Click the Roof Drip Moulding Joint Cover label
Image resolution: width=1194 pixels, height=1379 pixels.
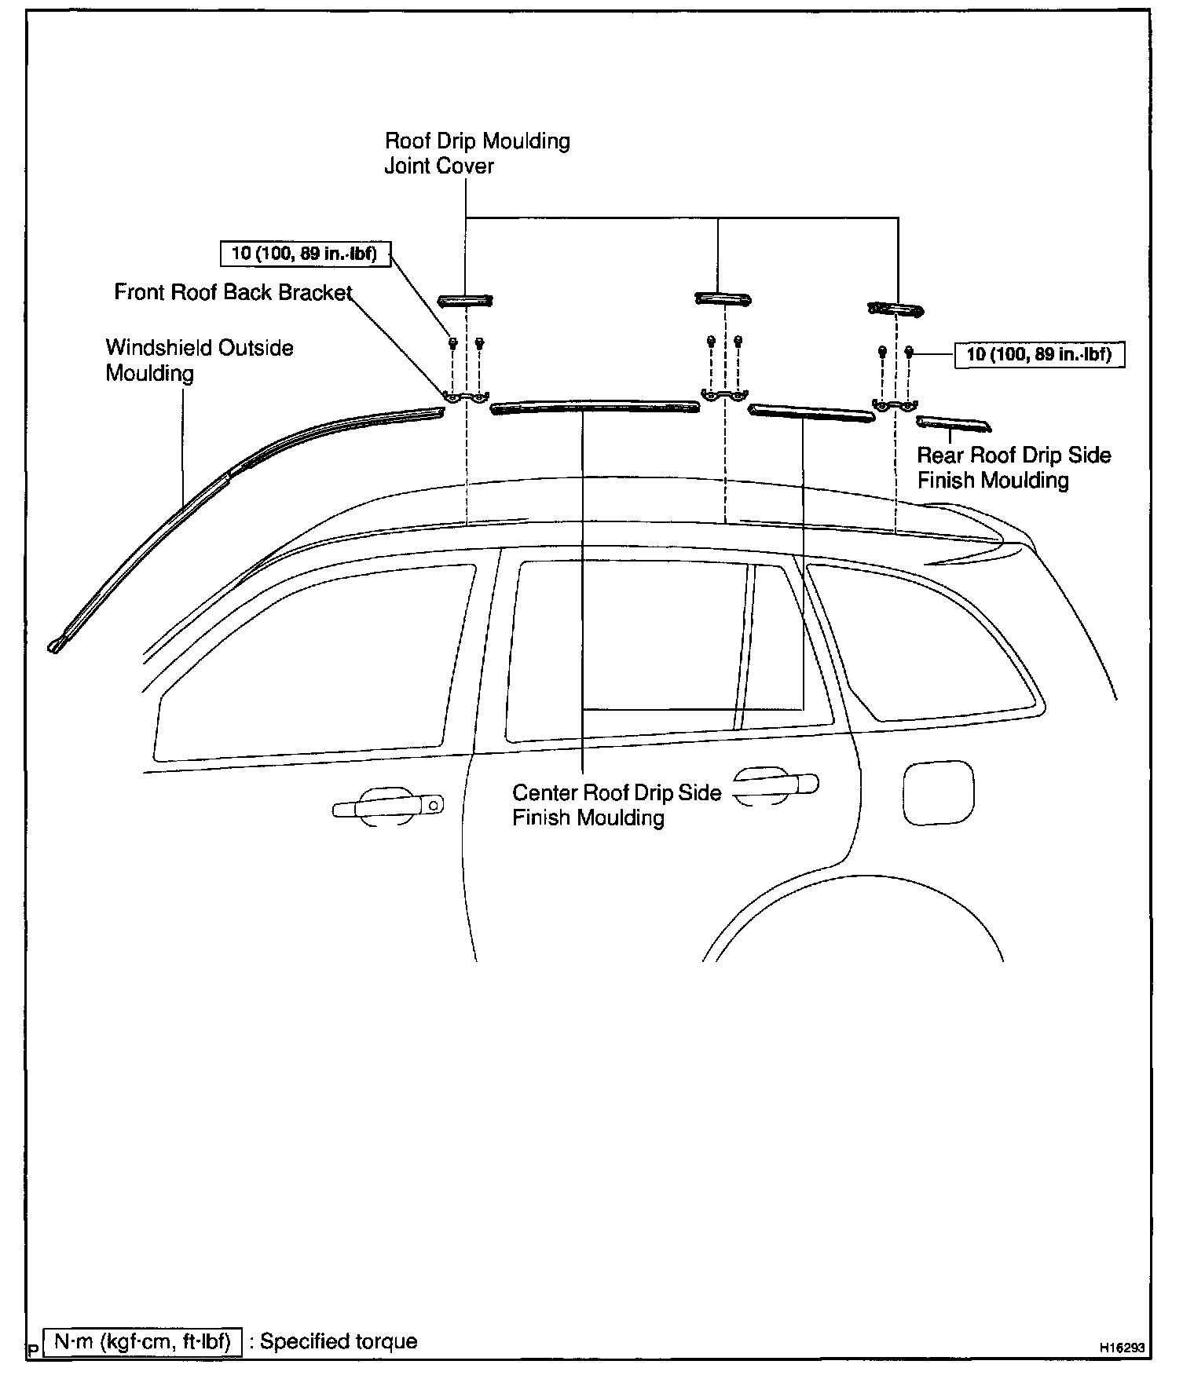tap(477, 153)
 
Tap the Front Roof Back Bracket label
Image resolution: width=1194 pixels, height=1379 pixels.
tap(233, 292)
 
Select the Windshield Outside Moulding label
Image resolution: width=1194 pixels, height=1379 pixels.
tap(200, 360)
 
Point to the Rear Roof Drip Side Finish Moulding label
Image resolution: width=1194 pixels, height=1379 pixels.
tap(1013, 467)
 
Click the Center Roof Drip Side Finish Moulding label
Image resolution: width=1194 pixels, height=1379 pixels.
tap(616, 805)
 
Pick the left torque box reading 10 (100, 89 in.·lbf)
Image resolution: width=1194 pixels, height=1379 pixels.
tap(304, 254)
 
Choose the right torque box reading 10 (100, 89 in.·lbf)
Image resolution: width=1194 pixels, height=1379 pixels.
tap(1038, 354)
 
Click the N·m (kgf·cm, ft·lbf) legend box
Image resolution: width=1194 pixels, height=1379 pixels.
tap(142, 1341)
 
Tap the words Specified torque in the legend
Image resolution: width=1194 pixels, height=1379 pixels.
tap(339, 1341)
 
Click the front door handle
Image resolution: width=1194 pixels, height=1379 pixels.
tap(387, 807)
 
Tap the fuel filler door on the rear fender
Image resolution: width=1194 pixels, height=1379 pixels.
tap(939, 792)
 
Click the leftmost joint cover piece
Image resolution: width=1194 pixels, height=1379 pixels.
tap(465, 299)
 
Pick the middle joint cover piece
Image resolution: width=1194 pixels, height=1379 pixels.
tap(723, 298)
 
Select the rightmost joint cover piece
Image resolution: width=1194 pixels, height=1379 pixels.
tap(896, 309)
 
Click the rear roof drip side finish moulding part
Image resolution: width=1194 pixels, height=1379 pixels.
tap(953, 424)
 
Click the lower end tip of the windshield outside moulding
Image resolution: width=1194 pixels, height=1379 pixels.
tap(55, 646)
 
